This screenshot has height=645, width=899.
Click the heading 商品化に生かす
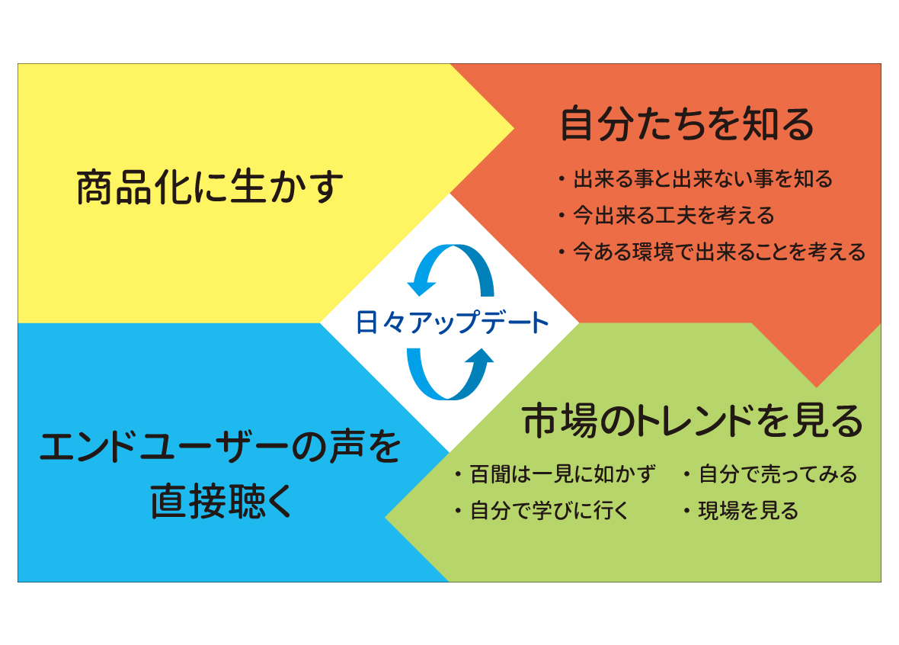click(x=210, y=187)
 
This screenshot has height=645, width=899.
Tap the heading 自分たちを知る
click(x=687, y=124)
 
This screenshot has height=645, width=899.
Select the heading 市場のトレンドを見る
click(x=693, y=421)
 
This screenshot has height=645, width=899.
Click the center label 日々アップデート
click(x=452, y=322)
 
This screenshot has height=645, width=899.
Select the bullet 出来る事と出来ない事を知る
click(x=702, y=179)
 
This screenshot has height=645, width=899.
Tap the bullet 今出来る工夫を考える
click(x=673, y=216)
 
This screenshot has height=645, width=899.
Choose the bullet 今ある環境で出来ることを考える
click(x=719, y=252)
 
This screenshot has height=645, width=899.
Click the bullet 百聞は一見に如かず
click(x=562, y=474)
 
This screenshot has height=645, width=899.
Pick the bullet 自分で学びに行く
click(x=549, y=510)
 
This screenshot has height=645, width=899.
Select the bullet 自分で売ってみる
click(x=778, y=474)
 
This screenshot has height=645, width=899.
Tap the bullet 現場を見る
click(x=748, y=510)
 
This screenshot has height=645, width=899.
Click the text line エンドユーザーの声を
click(x=220, y=447)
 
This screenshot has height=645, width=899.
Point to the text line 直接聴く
click(x=221, y=501)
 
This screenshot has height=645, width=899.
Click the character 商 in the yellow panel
click(x=94, y=188)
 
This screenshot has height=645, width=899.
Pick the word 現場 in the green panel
click(x=718, y=510)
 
